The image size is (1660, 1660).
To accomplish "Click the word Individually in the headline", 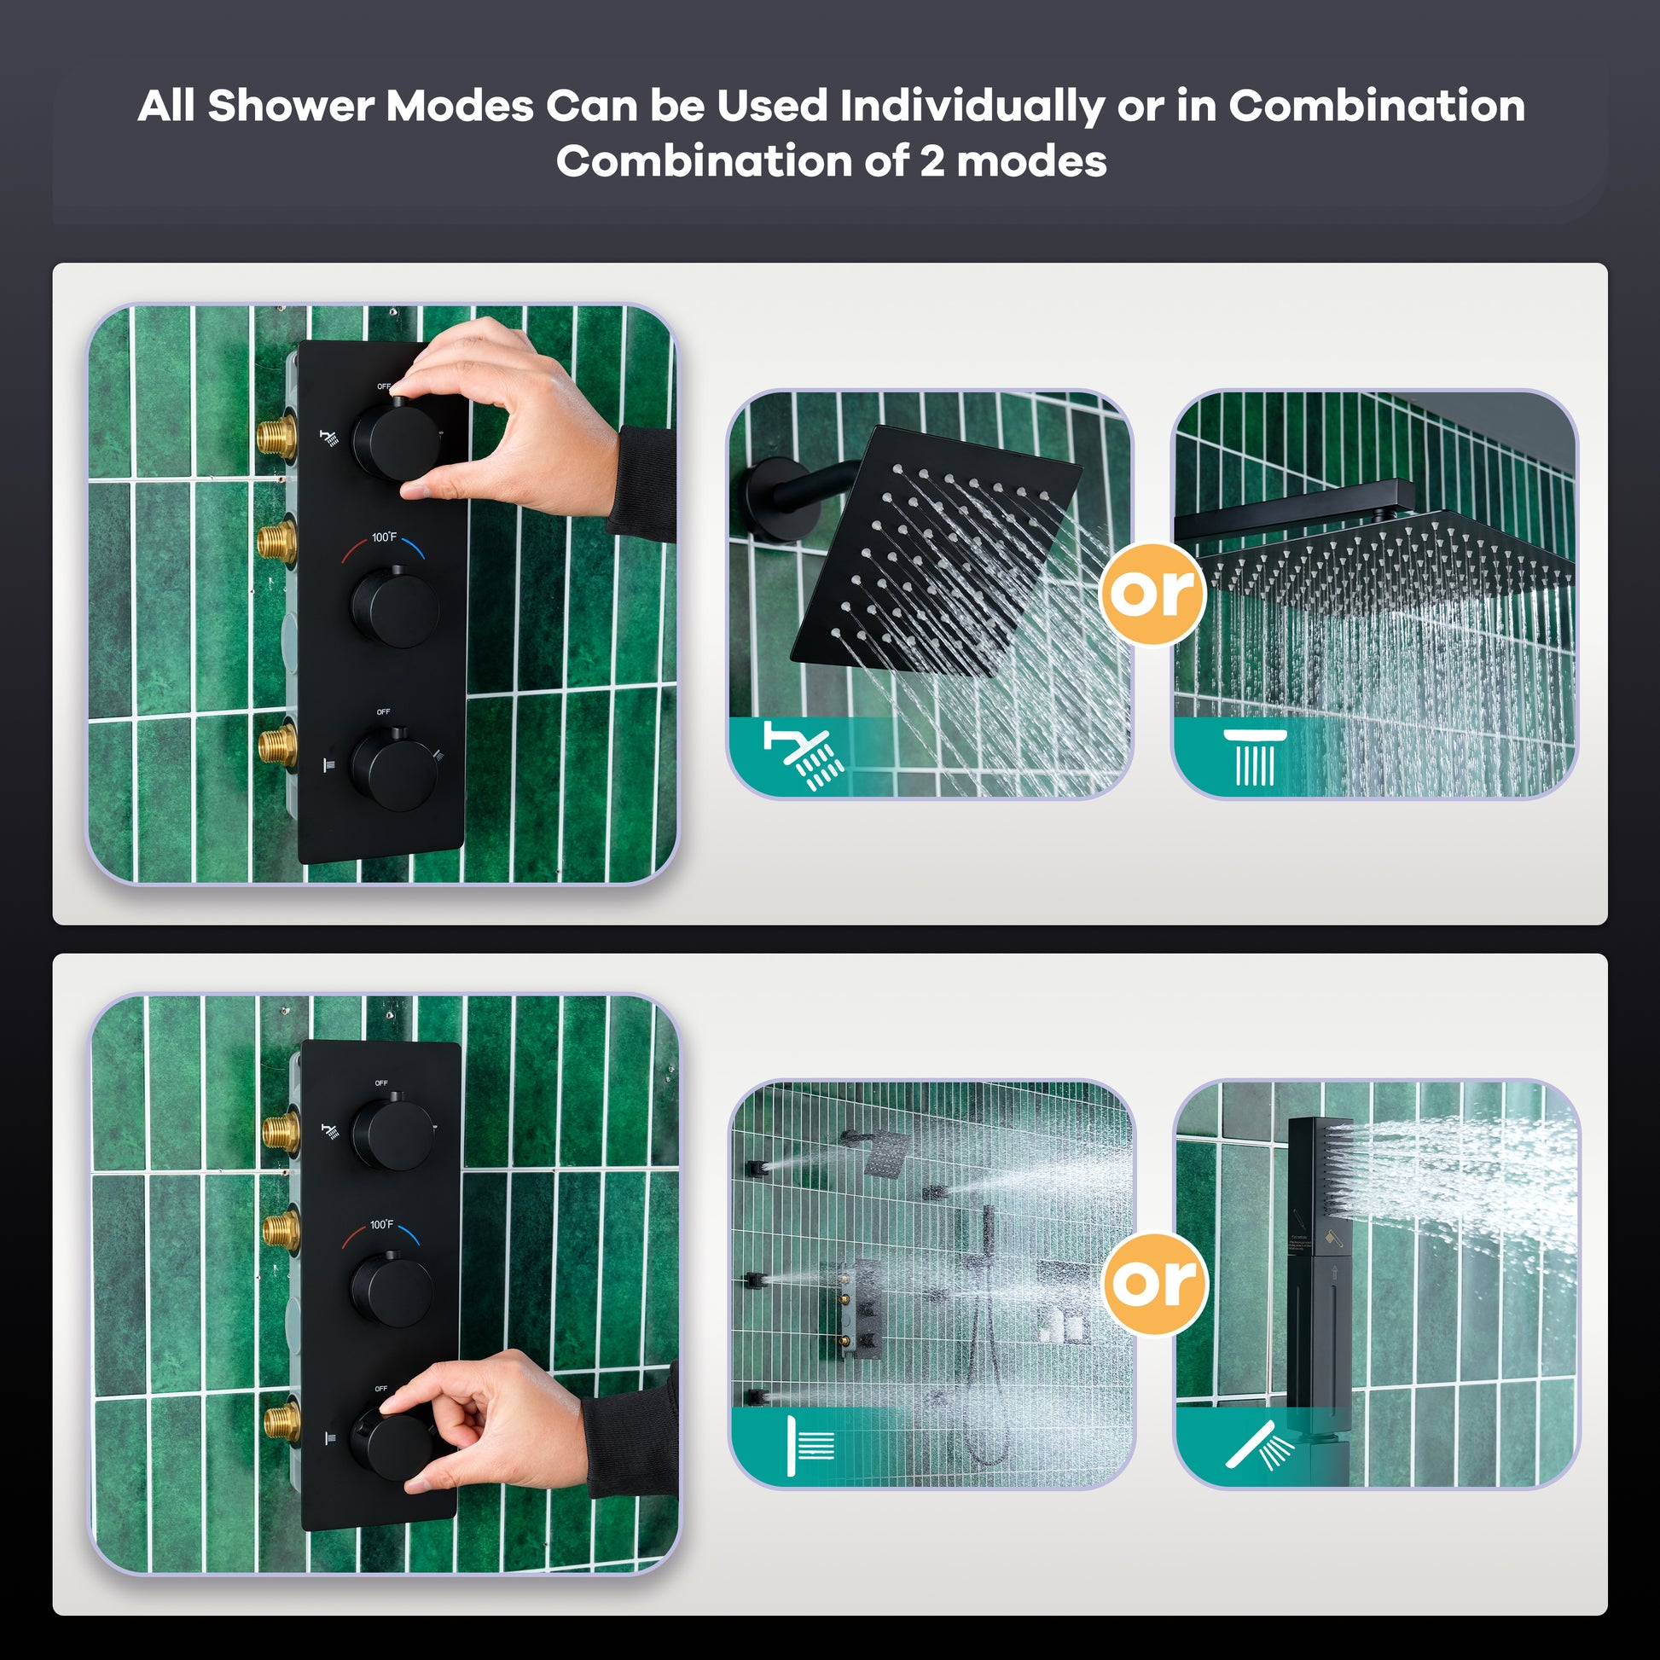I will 971,107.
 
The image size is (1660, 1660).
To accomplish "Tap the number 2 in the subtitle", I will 932,161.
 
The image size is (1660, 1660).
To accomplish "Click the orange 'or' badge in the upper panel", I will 1152,593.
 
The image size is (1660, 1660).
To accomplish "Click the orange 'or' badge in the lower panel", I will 1155,1284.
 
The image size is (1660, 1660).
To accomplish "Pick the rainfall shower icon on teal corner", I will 1256,756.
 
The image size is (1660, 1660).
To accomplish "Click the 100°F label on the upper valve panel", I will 384,537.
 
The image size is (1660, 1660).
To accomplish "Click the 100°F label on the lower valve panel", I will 381,1224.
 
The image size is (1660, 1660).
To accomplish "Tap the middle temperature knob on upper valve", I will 395,607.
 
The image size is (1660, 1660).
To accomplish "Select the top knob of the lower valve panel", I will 392,1135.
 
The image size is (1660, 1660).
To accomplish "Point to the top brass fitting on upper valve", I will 277,437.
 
